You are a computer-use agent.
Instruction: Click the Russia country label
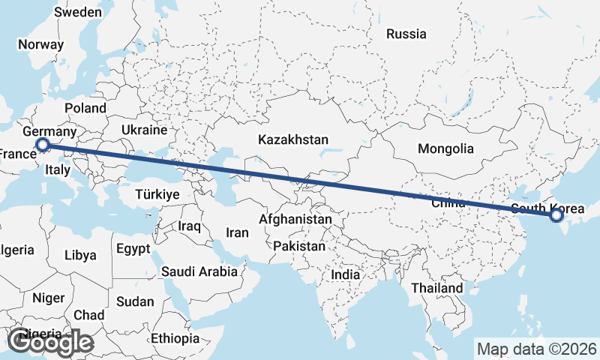point(406,34)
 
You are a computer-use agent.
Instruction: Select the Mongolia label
point(445,148)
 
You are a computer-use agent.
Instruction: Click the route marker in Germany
point(43,145)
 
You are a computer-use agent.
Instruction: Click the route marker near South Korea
point(556,216)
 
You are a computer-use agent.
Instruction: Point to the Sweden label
point(78,12)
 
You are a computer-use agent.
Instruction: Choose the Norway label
point(40,44)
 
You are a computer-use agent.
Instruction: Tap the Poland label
point(85,108)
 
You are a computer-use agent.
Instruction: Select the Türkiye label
point(157,194)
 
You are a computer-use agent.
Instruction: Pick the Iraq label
point(187,226)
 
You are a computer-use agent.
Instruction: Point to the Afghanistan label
point(295,220)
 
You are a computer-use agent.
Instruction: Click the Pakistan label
point(299,246)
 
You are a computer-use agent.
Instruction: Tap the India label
point(345,274)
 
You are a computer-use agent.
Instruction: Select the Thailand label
point(437,288)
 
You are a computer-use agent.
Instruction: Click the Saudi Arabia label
point(199,271)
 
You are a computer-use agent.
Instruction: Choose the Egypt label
point(133,247)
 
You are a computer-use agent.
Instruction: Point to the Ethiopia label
point(175,338)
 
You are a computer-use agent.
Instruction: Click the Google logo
point(50,343)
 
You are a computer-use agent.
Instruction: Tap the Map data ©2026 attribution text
point(536,349)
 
